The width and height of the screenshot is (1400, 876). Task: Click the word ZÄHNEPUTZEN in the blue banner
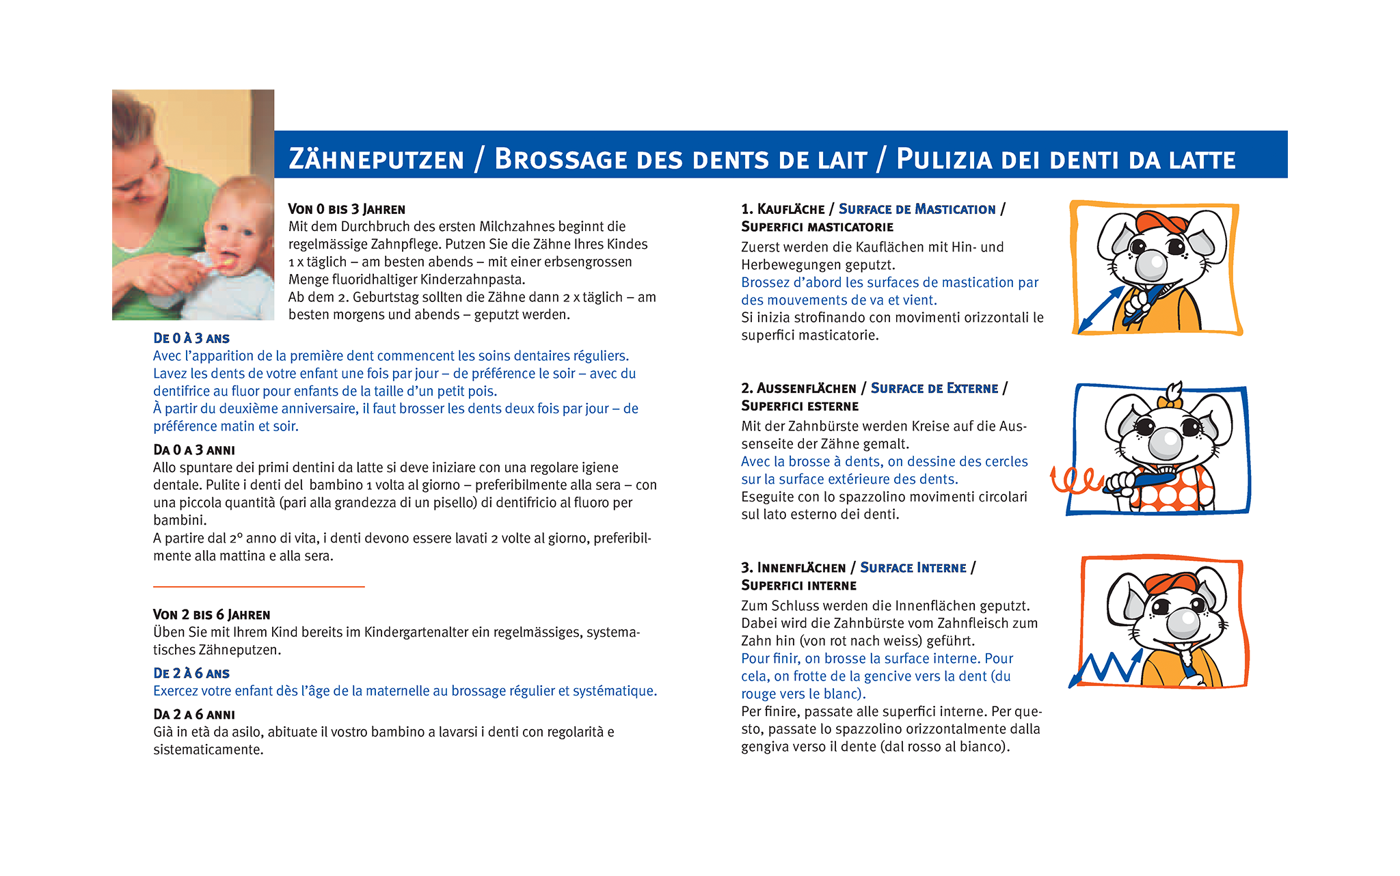coord(376,159)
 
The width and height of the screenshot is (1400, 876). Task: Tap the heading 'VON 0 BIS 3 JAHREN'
coord(347,209)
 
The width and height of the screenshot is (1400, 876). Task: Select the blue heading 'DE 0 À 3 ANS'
coord(191,338)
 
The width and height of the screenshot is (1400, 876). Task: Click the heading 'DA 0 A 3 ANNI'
coord(194,450)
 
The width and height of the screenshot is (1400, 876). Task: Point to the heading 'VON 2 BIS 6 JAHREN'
coord(212,615)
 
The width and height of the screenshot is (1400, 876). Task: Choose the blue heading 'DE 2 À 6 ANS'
coord(191,674)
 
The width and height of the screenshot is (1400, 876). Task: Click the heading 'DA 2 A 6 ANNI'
coord(194,715)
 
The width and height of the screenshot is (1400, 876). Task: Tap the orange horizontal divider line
coord(258,586)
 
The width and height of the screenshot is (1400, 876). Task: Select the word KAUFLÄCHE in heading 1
coord(791,209)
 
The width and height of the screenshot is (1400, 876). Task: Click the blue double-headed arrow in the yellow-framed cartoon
coord(1099,309)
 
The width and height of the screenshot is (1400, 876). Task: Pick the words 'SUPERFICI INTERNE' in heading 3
coord(798,586)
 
